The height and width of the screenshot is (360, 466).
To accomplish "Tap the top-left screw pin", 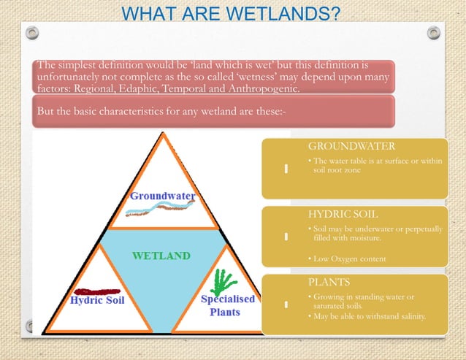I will (32, 33).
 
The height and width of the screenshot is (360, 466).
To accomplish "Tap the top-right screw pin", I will (434, 33).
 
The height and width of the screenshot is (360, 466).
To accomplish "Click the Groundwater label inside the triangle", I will (162, 196).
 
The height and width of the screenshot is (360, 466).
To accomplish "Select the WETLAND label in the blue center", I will (161, 256).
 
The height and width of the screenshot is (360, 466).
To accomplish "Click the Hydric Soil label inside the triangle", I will (97, 300).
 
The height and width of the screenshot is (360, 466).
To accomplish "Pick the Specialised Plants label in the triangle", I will (228, 305).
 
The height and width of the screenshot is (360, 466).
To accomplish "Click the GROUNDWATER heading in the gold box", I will (351, 147).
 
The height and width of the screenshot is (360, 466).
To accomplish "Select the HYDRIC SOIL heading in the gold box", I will (343, 215).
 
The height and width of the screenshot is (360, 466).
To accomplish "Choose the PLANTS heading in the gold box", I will (329, 281).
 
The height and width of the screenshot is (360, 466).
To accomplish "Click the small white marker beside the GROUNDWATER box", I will (286, 169).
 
